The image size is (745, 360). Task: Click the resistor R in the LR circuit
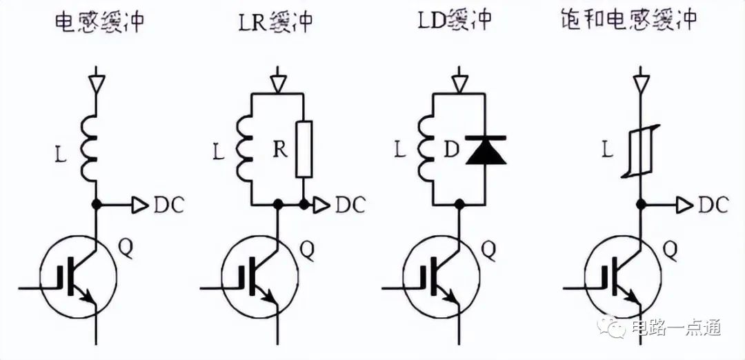coord(304,150)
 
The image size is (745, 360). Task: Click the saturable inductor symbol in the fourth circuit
coord(641,150)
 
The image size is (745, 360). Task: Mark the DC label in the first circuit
coord(168,205)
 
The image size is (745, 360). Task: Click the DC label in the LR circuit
coord(350,205)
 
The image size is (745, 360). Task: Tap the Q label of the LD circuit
coord(489,250)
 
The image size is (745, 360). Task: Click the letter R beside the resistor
coord(281,150)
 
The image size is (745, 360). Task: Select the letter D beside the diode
coord(453,150)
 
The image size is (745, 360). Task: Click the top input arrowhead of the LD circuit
coord(459,83)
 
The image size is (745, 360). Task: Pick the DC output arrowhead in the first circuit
coord(140,205)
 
